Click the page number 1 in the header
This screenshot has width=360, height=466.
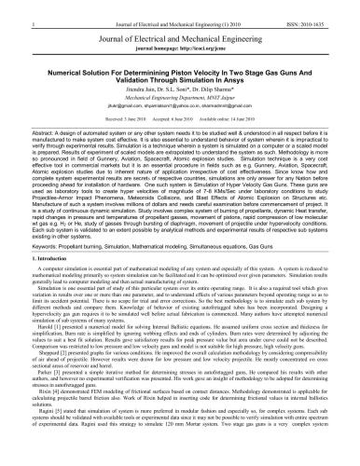7,8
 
